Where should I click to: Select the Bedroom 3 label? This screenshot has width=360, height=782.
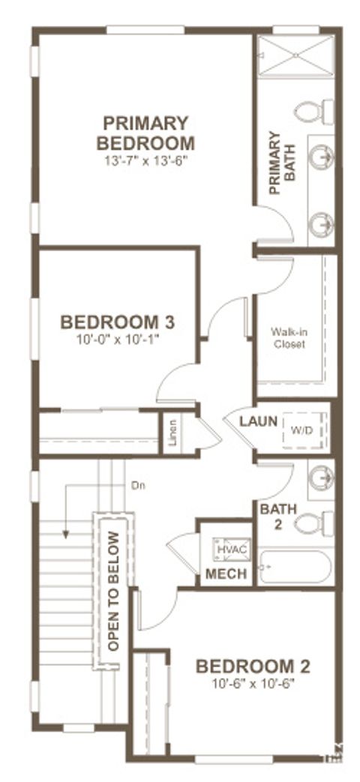click(x=118, y=322)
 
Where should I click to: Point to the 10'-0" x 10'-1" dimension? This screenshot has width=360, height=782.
click(x=118, y=340)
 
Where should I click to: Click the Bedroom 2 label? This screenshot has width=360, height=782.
click(x=253, y=666)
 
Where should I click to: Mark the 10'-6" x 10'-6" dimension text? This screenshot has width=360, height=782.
click(x=253, y=683)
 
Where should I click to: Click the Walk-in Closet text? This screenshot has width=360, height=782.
click(x=289, y=337)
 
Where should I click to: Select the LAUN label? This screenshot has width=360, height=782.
click(x=259, y=421)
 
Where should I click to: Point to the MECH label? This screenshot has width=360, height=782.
click(x=222, y=575)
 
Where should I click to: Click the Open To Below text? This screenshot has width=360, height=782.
click(x=113, y=591)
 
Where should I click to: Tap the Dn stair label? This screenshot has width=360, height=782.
click(x=137, y=485)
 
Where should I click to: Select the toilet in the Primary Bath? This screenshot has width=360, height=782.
click(x=313, y=112)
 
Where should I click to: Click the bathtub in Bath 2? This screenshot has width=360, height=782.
click(x=295, y=568)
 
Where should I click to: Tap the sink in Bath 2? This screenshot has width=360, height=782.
click(x=322, y=478)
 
